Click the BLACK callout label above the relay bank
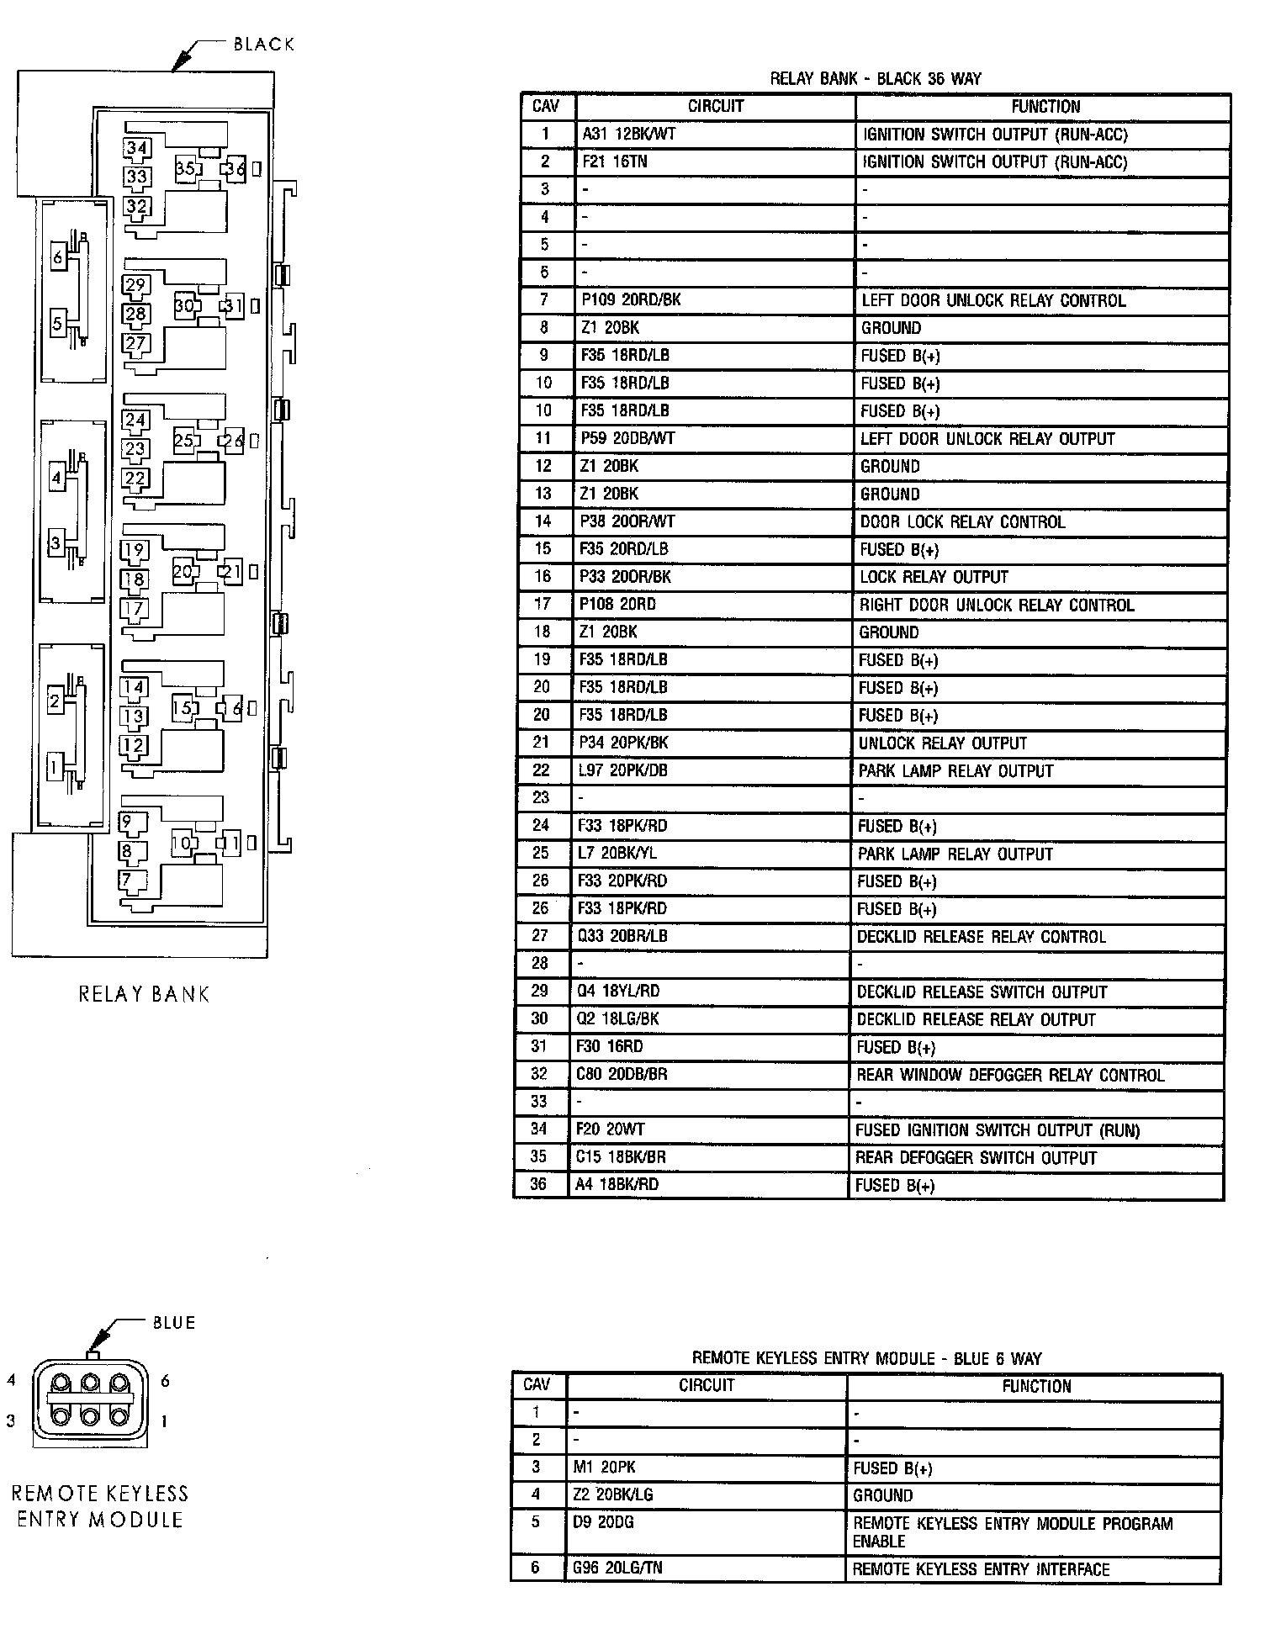pos(264,45)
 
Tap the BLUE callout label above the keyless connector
pos(174,1323)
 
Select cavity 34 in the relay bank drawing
pos(136,149)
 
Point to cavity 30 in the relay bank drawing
pos(184,305)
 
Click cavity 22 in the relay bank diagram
pos(135,479)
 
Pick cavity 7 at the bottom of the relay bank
pos(127,881)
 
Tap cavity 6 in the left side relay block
pos(57,257)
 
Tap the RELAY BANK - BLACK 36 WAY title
pos(876,79)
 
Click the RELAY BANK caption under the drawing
pos(144,994)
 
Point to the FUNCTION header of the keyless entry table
pos(1035,1386)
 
